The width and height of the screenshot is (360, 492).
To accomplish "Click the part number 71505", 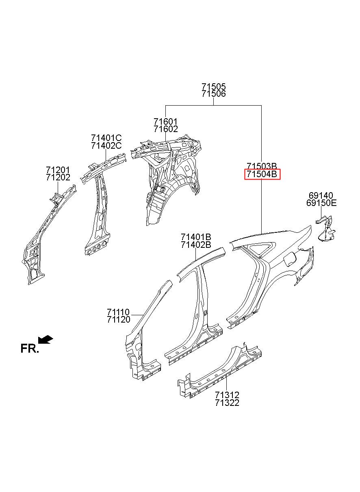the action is (213, 87).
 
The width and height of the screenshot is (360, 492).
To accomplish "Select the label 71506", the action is (213, 94).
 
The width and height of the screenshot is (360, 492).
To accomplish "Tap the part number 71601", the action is (165, 121).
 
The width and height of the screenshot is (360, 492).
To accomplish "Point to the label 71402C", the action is (106, 145).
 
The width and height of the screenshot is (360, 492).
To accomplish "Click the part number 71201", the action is (58, 170).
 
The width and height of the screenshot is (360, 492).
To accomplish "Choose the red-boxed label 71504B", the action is (262, 174).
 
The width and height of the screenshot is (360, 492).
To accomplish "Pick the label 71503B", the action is (262, 166).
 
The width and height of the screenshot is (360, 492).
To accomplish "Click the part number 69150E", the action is (321, 203).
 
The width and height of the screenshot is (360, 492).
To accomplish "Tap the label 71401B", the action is (196, 237).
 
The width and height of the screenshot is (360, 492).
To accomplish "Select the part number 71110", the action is (118, 312).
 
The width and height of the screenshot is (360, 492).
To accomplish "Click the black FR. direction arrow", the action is (46, 339).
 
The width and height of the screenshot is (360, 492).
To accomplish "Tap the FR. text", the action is (29, 349).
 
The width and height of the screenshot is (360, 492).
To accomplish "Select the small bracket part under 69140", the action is (325, 229).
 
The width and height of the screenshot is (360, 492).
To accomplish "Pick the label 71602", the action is (165, 129).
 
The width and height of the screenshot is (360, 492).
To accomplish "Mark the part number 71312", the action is (227, 395).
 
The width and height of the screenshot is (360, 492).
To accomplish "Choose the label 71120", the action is (118, 320).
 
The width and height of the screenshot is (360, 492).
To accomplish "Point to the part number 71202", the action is (58, 177).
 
